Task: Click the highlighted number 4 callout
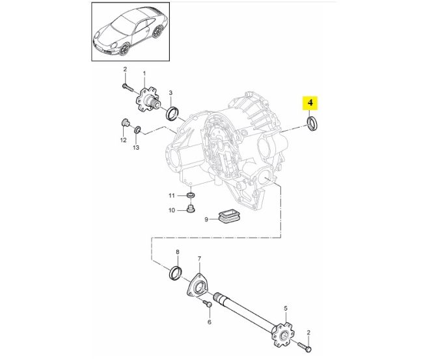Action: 311,102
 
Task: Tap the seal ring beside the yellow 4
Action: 313,124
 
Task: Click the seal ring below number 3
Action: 172,114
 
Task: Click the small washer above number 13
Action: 137,132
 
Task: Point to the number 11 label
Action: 172,195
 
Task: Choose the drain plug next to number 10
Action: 191,209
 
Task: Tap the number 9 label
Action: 206,219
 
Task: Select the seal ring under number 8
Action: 176,272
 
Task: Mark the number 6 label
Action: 209,322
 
